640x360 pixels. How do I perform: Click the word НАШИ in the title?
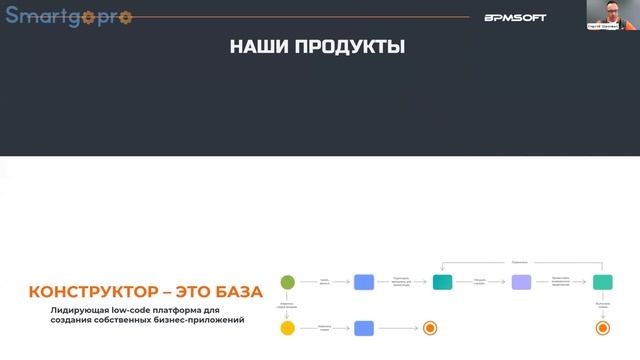254,46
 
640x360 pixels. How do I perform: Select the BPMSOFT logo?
515,17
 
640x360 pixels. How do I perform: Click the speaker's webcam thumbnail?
608,14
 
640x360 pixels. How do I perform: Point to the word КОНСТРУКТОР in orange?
92,293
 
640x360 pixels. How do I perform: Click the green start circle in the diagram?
288,281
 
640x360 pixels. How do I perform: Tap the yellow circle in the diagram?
288,327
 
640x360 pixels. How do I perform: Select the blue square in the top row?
364,282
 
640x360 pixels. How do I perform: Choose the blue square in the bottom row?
364,327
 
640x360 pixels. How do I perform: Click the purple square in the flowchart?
521,282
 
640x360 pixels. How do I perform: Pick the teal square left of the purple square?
443,282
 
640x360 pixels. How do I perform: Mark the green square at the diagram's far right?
602,282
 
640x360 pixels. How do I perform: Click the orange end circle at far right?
602,327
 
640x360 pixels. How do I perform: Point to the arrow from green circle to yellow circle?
288,304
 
